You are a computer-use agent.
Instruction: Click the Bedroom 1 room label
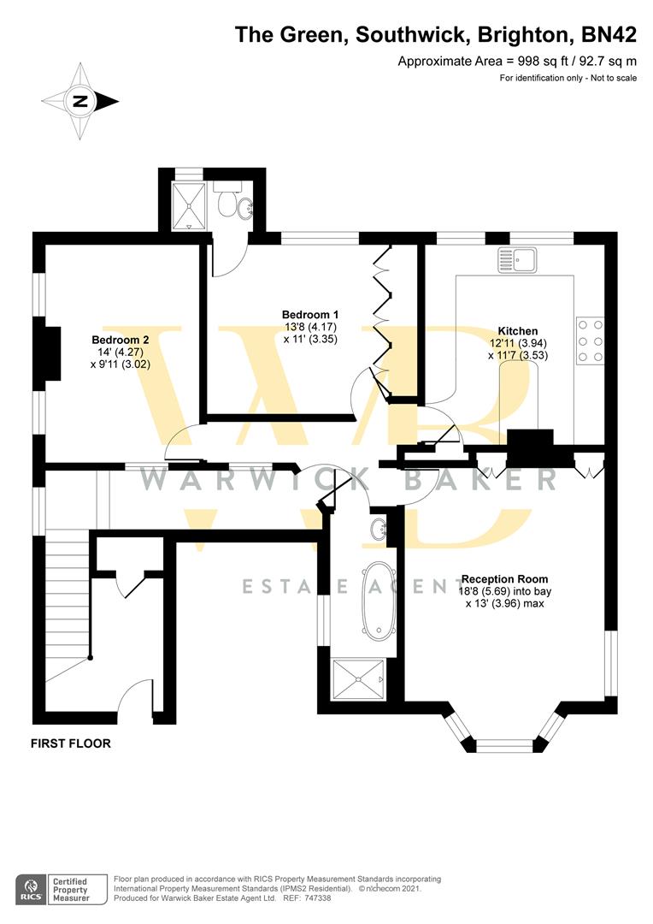click(x=309, y=315)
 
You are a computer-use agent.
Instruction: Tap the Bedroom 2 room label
click(x=121, y=340)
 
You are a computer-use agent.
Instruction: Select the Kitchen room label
click(x=518, y=331)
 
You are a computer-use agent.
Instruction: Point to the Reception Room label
click(x=504, y=579)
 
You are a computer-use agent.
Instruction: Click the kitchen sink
click(x=517, y=260)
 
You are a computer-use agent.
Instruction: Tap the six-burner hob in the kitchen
click(x=590, y=341)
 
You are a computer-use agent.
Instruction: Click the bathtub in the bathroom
click(x=378, y=600)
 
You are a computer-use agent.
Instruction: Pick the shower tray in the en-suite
click(x=189, y=206)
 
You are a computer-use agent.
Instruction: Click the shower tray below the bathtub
click(x=359, y=679)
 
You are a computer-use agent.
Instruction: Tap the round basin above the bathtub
click(x=379, y=530)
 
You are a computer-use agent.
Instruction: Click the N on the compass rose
click(x=79, y=101)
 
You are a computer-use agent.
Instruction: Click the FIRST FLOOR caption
click(x=71, y=743)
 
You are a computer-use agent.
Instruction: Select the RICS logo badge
click(x=32, y=889)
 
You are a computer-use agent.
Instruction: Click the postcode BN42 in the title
click(x=609, y=35)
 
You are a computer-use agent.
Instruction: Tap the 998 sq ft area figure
click(x=540, y=61)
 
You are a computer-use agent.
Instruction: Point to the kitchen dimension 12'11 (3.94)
click(x=518, y=343)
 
